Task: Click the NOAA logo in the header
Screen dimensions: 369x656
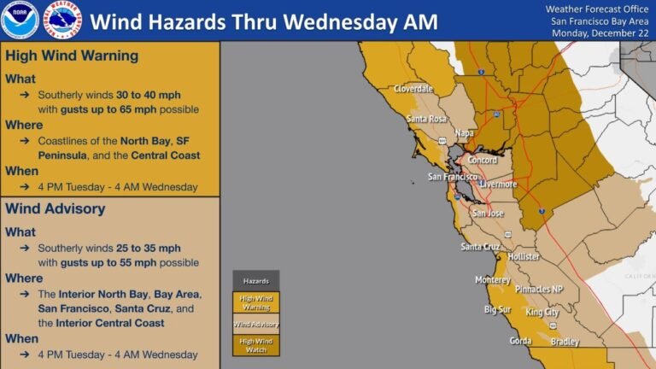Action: [18, 20]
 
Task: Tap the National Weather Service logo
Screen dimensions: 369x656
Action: [62, 20]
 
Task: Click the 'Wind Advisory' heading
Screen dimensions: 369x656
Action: [56, 208]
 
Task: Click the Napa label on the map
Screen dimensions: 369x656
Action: [465, 133]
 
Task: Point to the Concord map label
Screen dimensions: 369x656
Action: [483, 160]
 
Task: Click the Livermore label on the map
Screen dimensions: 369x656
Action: [498, 184]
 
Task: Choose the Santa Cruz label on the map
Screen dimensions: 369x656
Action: [481, 247]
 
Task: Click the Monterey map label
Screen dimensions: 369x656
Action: [493, 280]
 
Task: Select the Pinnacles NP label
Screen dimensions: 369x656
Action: [538, 290]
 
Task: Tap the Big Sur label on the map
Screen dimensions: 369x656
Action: [498, 309]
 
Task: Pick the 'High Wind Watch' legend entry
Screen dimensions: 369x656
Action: [255, 345]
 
